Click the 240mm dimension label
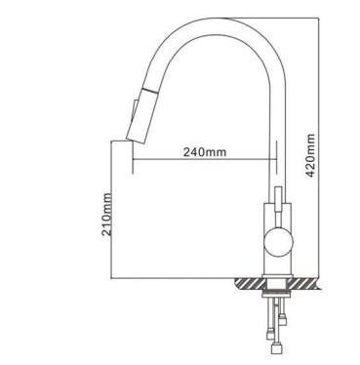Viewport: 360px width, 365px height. pos(205,151)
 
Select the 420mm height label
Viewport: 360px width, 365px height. pos(310,155)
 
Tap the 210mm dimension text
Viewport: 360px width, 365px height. pos(106,215)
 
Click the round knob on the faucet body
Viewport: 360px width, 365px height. pos(278,242)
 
